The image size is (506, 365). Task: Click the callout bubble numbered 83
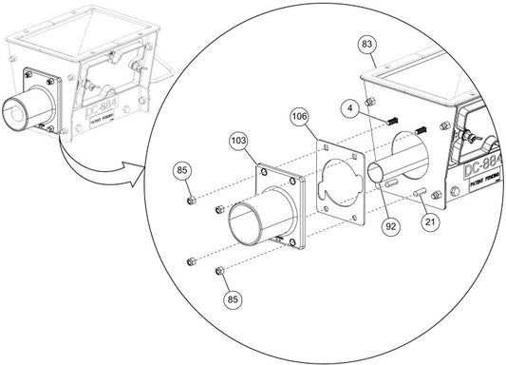coord(367,45)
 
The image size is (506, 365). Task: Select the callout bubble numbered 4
coord(349,109)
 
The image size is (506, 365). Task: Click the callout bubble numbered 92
coord(390,227)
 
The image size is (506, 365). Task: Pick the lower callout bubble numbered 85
coord(233,298)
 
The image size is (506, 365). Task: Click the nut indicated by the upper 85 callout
coord(192,201)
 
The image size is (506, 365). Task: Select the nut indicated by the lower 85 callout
coord(220,272)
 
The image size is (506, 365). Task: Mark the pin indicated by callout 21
coord(419,196)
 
